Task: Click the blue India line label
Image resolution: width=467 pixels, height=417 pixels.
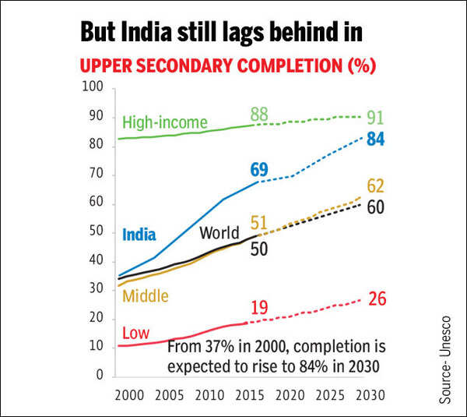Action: (x=139, y=235)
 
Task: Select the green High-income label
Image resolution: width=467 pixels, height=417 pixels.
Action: (x=164, y=122)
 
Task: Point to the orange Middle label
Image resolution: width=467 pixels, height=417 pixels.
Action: (x=145, y=295)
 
